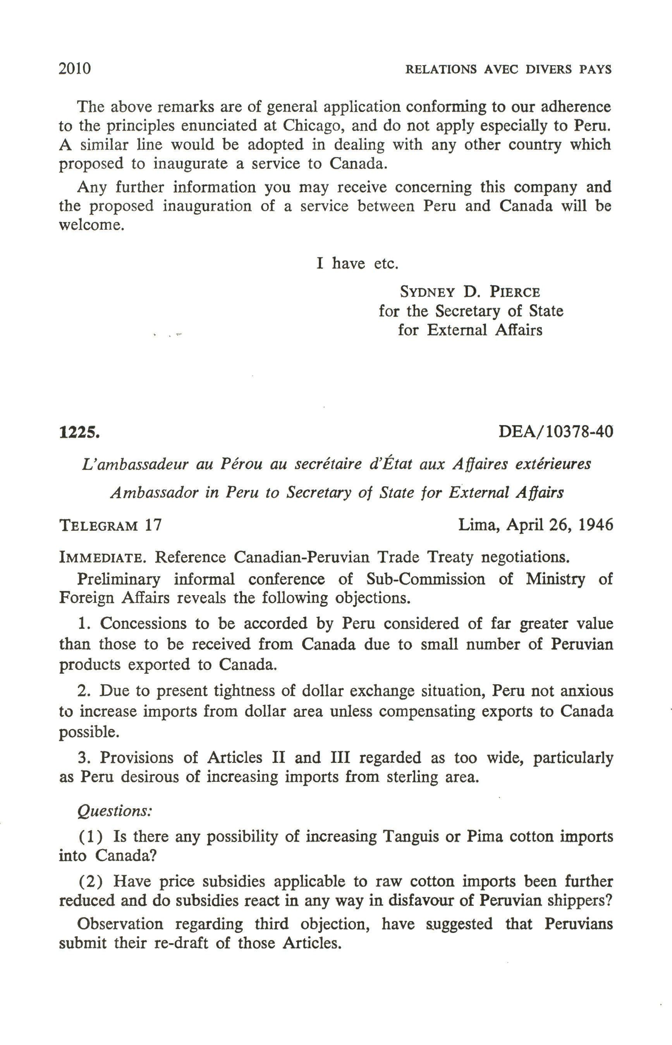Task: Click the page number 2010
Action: (x=75, y=69)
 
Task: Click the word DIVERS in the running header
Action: (x=548, y=69)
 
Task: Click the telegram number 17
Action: (x=153, y=524)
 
